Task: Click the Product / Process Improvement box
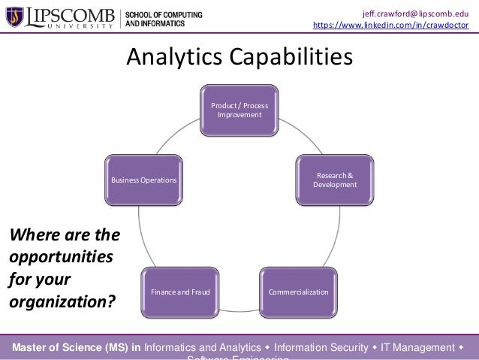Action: tap(239, 110)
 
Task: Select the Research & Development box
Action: tap(335, 180)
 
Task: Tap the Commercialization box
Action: tap(298, 291)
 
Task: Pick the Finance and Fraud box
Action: tap(180, 291)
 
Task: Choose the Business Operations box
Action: tap(144, 180)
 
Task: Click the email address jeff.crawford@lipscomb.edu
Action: tap(415, 11)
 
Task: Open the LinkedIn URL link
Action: tap(390, 26)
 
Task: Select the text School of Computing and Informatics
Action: tap(163, 19)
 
